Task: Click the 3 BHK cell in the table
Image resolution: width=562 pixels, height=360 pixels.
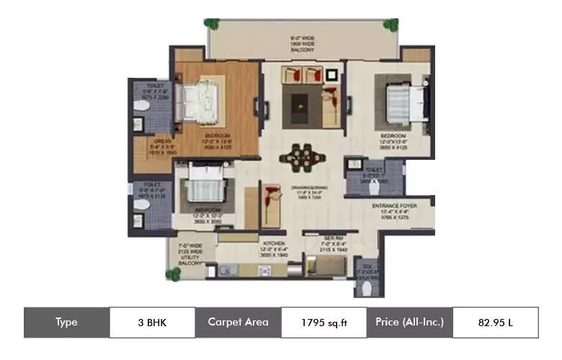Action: tap(152, 323)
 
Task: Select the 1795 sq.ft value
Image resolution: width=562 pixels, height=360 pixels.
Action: tap(324, 323)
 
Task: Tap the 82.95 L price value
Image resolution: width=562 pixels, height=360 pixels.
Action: tap(495, 323)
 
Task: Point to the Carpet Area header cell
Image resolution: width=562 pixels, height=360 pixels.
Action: tap(238, 323)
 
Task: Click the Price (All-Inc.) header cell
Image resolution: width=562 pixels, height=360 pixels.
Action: tap(409, 323)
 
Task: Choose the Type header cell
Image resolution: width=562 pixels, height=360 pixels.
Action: tap(66, 323)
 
